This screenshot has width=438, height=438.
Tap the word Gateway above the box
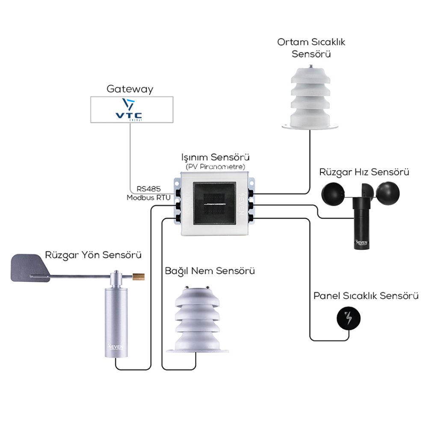[130, 89]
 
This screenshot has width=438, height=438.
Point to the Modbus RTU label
[148, 198]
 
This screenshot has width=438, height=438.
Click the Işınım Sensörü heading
[216, 157]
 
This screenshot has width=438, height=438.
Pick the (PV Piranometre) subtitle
[216, 166]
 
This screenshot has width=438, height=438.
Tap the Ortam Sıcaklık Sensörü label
[311, 48]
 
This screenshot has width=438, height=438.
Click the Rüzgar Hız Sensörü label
[364, 172]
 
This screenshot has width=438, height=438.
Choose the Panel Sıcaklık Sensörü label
[366, 296]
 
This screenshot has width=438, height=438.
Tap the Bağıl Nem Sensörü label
[210, 271]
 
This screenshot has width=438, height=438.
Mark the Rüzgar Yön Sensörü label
[93, 255]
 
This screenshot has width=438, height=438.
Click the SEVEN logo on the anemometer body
[361, 243]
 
